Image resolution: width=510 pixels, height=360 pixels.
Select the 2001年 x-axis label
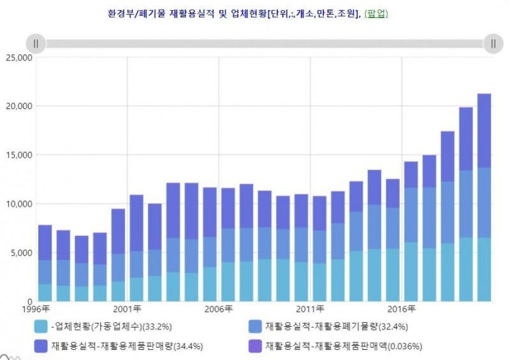[x=127, y=310]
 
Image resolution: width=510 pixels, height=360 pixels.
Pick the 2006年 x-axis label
[x=219, y=310]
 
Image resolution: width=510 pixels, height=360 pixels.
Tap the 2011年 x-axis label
[x=310, y=310]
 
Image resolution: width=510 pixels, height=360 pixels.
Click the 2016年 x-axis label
[x=402, y=310]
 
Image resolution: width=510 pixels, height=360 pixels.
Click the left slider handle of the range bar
[x=36, y=43]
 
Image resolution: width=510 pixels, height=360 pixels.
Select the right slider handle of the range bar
[x=493, y=43]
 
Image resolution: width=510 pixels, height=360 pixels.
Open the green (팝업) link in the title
[x=375, y=13]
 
